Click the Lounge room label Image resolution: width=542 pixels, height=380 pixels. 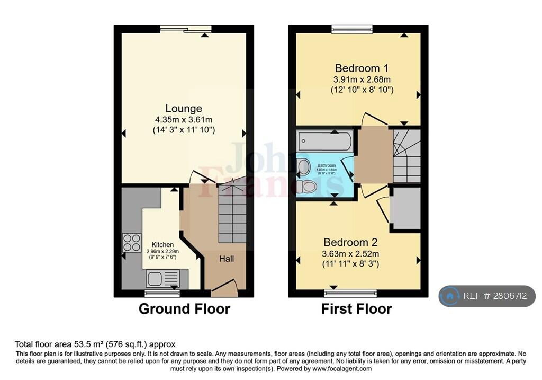click(183, 109)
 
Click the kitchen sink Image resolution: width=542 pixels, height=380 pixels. click(162, 278)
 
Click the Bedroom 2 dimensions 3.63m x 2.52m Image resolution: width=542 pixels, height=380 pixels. click(350, 253)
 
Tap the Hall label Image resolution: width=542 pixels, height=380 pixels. click(227, 259)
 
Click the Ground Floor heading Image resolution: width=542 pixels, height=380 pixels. click(184, 308)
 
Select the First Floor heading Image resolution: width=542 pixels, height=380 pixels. click(356, 308)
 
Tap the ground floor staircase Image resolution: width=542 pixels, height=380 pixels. click(232, 211)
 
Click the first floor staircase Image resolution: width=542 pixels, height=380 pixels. click(406, 156)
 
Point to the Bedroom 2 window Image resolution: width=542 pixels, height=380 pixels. click(350, 293)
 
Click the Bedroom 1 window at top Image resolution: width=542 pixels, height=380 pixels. click(350, 29)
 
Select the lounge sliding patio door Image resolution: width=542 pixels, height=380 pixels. click(186, 29)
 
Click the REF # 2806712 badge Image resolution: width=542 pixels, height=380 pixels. click(487, 296)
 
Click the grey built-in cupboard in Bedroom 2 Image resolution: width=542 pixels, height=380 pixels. click(405, 208)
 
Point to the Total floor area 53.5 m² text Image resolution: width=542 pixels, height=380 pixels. click(95, 344)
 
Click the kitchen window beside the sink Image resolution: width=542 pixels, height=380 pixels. click(162, 293)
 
